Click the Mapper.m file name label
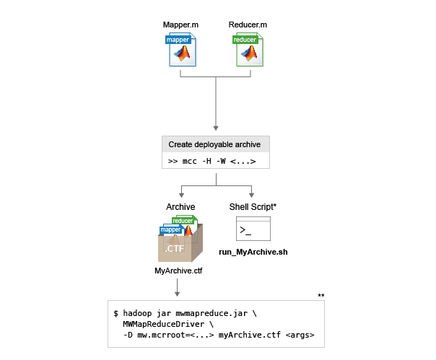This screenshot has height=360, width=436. pos(180,25)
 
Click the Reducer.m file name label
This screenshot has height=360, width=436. pos(248,25)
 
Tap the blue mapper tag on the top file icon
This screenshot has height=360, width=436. pos(178,40)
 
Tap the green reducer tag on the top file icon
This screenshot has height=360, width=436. pos(245,40)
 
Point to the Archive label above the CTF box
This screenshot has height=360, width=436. pos(180,207)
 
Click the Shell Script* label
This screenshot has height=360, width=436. pos(253,207)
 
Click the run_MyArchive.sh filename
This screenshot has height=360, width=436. pos(253,253)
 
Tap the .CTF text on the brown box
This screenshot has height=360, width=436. pos(175,248)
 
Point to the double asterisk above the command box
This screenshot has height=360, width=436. pos(321,296)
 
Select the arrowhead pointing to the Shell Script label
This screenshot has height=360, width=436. pos(252,196)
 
